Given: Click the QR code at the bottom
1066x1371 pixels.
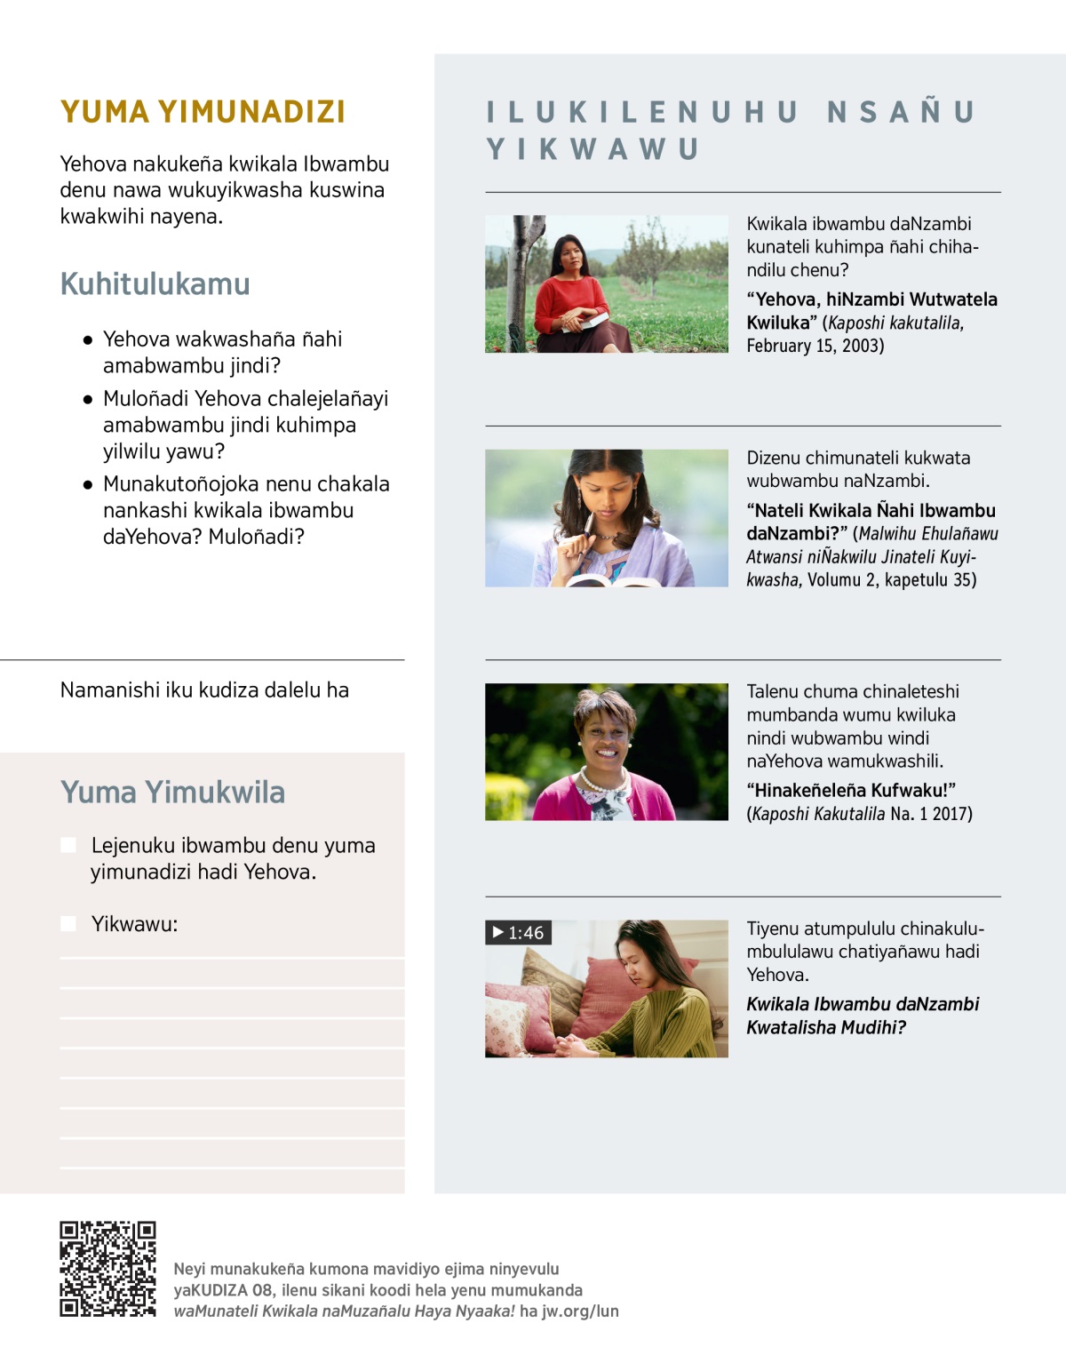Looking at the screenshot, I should coord(107,1268).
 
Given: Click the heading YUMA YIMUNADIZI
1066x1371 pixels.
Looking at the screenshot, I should coord(203,112).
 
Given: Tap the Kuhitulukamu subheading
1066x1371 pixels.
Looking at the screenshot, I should coord(155,284).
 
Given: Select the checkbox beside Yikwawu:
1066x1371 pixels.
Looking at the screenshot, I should coord(68,923).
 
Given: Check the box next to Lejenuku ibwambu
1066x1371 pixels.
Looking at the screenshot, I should coord(68,844).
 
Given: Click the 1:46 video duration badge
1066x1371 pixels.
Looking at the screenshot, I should coord(519,932).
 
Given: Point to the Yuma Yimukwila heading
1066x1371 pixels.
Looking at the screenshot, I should coord(172,792).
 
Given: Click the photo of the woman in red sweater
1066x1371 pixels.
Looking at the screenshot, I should coord(606,283).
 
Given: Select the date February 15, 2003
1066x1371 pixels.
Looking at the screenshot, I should coord(815,346).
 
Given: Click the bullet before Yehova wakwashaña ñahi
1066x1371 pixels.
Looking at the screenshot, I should coord(88,339).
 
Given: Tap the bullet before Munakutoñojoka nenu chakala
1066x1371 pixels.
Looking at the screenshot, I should coord(88,484).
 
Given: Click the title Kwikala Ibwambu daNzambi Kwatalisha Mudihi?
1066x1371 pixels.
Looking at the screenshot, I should coord(862,1016).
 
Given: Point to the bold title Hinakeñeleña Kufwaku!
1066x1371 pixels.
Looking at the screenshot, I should coord(851,790).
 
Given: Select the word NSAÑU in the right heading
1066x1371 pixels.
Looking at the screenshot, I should coord(901,112).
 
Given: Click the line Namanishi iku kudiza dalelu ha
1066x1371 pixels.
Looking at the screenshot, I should coord(204,690).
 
